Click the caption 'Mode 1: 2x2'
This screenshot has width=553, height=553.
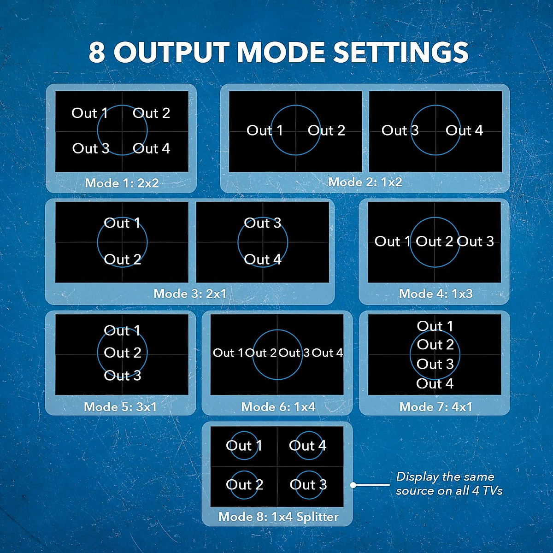[x=122, y=183]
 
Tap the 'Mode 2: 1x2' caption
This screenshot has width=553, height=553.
[x=365, y=182]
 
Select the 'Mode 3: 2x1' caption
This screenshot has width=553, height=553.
[x=190, y=294]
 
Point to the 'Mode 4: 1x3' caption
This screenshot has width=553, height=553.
[x=435, y=294]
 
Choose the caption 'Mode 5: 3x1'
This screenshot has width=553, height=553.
[x=120, y=407]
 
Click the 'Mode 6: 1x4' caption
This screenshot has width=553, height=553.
[x=278, y=407]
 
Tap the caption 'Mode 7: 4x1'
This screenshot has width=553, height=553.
[x=435, y=407]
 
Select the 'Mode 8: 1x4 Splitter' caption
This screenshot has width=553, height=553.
[x=278, y=517]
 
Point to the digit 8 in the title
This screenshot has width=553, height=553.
[x=97, y=52]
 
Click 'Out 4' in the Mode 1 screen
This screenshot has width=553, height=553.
[x=151, y=148]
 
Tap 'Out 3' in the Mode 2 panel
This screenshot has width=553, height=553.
[x=400, y=130]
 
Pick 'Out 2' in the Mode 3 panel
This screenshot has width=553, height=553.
[x=122, y=259]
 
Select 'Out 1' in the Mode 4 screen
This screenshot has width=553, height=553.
[x=392, y=241]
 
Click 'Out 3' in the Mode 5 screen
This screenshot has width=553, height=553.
[x=122, y=376]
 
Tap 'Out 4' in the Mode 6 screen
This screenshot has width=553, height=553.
[x=327, y=353]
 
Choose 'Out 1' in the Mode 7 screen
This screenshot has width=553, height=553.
[x=435, y=326]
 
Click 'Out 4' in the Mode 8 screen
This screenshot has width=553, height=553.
[x=307, y=446]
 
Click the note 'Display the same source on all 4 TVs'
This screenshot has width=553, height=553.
[x=449, y=483]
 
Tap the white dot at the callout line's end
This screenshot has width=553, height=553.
[x=353, y=485]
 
